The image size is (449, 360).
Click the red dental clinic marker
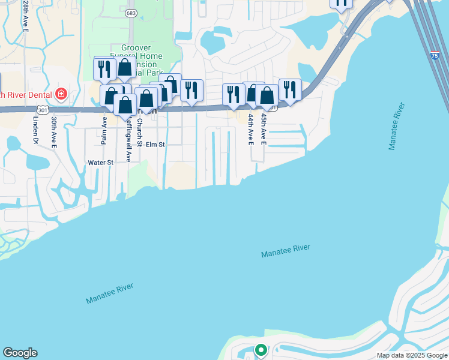tap(60, 94)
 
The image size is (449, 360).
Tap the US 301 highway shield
tap(42, 110)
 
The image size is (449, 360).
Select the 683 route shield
tap(131, 13)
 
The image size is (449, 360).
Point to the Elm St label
tap(155, 145)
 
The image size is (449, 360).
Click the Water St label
tap(100, 163)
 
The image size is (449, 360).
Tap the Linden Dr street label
tap(35, 131)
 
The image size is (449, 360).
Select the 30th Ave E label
tap(54, 132)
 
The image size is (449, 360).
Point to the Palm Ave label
tap(104, 130)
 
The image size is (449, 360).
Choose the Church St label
tap(139, 131)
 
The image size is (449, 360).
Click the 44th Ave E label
tap(251, 130)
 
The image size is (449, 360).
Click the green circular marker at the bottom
tap(261, 349)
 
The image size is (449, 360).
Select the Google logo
tap(20, 353)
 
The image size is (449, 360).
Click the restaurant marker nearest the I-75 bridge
tap(341, 3)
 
